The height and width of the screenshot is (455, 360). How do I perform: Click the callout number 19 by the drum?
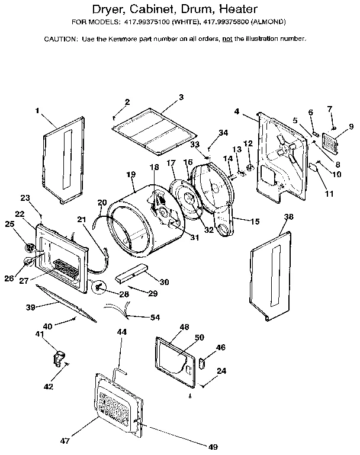click(x=131, y=174)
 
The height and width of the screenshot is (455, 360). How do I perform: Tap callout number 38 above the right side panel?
click(x=288, y=217)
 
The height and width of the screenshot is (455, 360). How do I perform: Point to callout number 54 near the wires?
click(x=155, y=318)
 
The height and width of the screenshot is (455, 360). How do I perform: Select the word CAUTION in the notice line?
click(x=61, y=39)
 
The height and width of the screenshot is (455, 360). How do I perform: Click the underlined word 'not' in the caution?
click(x=227, y=39)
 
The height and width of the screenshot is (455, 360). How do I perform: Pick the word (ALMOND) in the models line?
click(x=269, y=23)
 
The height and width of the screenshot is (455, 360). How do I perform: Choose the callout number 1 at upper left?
click(x=37, y=111)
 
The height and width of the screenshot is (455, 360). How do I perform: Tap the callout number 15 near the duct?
click(x=255, y=222)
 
